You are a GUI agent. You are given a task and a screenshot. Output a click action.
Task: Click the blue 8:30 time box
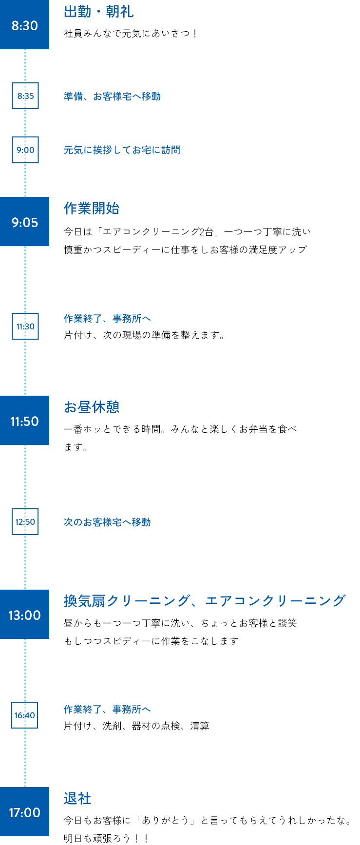pyautogui.click(x=24, y=25)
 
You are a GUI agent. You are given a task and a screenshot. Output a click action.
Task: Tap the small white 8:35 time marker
pyautogui.click(x=25, y=96)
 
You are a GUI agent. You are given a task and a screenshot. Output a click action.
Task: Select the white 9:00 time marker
pyautogui.click(x=25, y=150)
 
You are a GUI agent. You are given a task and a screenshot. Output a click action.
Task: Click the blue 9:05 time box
pyautogui.click(x=24, y=222)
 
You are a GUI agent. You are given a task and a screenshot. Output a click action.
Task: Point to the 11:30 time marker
pyautogui.click(x=25, y=326)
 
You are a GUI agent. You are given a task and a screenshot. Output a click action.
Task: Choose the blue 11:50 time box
pyautogui.click(x=24, y=421)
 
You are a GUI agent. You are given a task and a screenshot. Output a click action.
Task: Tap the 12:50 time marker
pyautogui.click(x=25, y=521)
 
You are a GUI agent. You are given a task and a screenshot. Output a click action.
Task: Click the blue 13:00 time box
pyautogui.click(x=24, y=615)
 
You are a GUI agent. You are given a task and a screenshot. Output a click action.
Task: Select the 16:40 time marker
pyautogui.click(x=24, y=715)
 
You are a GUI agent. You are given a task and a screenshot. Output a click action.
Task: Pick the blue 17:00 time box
pyautogui.click(x=24, y=812)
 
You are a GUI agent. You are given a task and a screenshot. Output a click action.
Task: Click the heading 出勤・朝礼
pyautogui.click(x=98, y=11)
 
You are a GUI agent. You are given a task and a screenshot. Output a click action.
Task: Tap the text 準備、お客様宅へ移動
pyautogui.click(x=112, y=96)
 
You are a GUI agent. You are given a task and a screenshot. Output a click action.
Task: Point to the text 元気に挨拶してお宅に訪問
pyautogui.click(x=122, y=150)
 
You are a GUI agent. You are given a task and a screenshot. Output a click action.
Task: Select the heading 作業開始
pyautogui.click(x=92, y=208)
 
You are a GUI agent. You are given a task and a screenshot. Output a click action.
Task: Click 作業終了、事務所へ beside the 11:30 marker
pyautogui.click(x=107, y=318)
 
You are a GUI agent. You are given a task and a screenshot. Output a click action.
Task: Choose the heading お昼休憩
pyautogui.click(x=92, y=407)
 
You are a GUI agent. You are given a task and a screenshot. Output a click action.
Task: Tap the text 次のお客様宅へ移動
pyautogui.click(x=107, y=522)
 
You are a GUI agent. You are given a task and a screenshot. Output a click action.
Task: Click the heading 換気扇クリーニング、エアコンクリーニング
pyautogui.click(x=205, y=600)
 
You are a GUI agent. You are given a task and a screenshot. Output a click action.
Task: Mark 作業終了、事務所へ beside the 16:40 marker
pyautogui.click(x=107, y=709)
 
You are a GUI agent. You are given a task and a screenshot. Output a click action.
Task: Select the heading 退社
pyautogui.click(x=77, y=798)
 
